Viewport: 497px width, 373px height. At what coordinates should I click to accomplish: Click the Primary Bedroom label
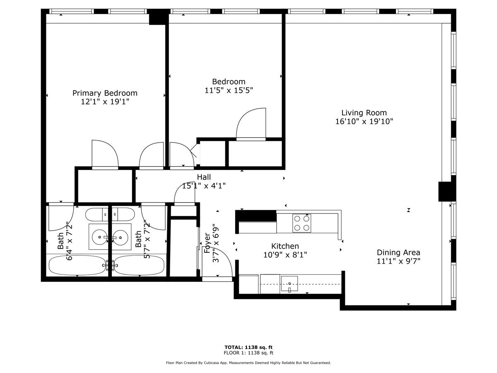tap(105, 93)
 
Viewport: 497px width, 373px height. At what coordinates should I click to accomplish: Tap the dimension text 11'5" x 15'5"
tap(229, 90)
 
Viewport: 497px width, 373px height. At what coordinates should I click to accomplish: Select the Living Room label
tap(364, 112)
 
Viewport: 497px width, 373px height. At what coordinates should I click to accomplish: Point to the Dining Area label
tap(398, 252)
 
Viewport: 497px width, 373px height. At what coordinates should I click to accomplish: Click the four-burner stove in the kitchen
tap(302, 223)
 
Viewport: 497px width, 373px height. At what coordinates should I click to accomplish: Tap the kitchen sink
tap(290, 284)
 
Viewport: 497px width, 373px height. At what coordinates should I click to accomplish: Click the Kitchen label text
tap(285, 246)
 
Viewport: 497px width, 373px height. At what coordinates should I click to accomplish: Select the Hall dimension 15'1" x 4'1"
tap(203, 186)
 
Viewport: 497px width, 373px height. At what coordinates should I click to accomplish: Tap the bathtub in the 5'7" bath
tap(140, 264)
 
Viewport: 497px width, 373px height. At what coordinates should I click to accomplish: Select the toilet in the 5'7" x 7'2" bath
tap(123, 214)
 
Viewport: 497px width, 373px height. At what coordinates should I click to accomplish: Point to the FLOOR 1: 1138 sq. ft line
tap(248, 353)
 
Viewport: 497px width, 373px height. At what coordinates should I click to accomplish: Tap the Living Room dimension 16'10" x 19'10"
tap(364, 121)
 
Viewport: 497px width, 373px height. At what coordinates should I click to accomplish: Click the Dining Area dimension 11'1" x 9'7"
tap(398, 261)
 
